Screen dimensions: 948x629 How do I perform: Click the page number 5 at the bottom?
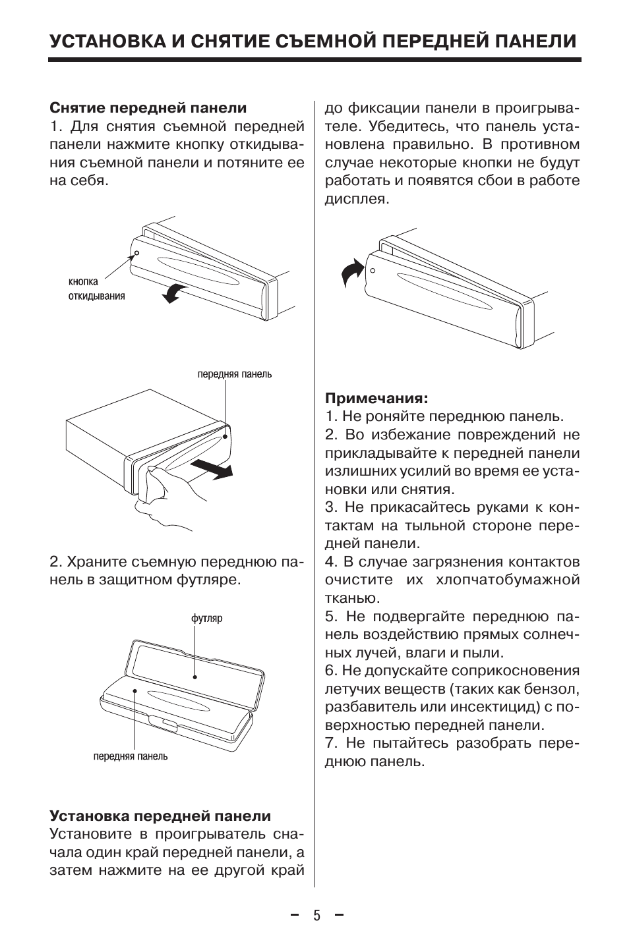click(316, 916)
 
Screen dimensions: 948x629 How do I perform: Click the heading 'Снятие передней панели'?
click(148, 108)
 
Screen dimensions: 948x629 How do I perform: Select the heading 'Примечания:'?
click(376, 399)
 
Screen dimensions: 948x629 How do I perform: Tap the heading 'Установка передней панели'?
click(160, 816)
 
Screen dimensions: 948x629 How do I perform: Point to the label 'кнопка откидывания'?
click(96, 289)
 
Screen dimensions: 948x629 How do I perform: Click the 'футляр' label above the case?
click(206, 619)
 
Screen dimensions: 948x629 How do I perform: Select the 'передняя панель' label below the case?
click(130, 756)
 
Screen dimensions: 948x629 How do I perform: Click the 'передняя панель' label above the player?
click(235, 374)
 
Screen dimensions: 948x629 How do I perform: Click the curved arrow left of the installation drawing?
click(351, 271)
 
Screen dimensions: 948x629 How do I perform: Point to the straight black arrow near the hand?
click(212, 468)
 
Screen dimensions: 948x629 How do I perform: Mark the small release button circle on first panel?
click(136, 252)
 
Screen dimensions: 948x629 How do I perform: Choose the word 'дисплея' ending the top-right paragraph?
click(357, 199)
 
